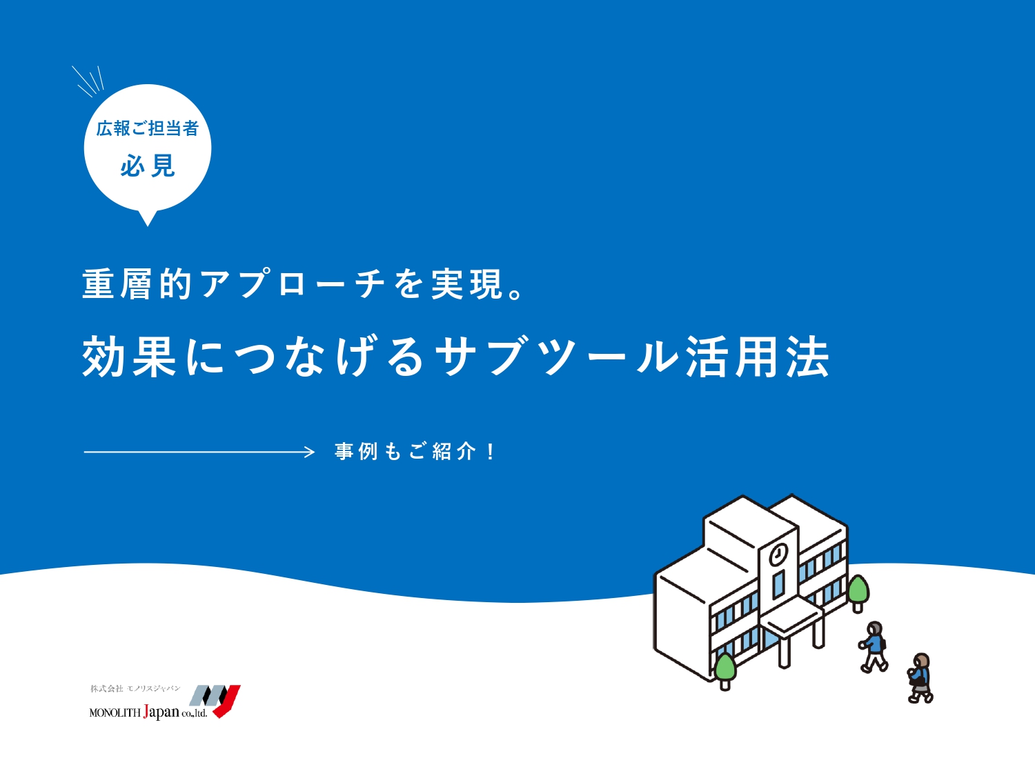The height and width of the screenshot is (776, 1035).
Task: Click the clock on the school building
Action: pos(778,555)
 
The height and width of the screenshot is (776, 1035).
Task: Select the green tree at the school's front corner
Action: pos(725,670)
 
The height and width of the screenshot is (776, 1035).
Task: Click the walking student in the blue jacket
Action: pos(874,647)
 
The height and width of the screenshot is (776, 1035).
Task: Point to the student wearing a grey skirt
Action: pos(920,678)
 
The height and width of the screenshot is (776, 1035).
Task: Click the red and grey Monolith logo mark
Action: pos(216,700)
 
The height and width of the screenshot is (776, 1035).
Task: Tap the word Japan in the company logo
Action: pos(161,711)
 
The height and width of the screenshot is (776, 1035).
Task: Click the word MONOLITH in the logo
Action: pos(115,713)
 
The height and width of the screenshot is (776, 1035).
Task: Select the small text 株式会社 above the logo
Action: pos(106,689)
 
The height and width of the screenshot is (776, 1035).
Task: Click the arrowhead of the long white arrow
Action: pos(310,452)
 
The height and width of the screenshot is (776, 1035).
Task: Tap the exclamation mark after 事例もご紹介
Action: pos(491,451)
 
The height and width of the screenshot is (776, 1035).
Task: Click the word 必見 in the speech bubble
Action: pos(148,166)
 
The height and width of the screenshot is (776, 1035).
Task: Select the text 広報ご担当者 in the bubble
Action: pos(148,128)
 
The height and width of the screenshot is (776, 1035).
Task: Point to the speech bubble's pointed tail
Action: pos(148,219)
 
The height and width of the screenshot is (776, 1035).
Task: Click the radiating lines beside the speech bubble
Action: pos(88,81)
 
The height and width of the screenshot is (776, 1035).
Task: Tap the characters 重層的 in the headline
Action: pos(137,284)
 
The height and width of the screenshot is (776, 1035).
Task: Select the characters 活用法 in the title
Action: pos(757,357)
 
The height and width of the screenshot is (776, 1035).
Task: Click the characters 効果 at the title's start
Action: pos(129,357)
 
